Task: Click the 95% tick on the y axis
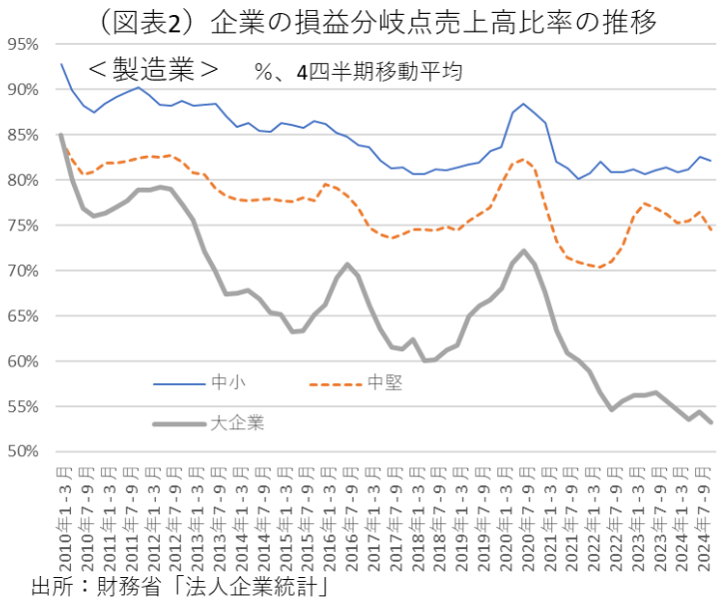[22, 44]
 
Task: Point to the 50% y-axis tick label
[22, 451]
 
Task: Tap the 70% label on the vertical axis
[22, 271]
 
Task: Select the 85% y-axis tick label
[22, 135]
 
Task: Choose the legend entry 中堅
[384, 382]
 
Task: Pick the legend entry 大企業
[237, 423]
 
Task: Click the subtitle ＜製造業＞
[153, 71]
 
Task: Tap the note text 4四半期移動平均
[380, 73]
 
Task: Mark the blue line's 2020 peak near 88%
[523, 104]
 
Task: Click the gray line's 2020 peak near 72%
[523, 251]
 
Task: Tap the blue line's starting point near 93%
[61, 64]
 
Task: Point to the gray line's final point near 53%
[711, 422]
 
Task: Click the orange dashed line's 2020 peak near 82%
[523, 160]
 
